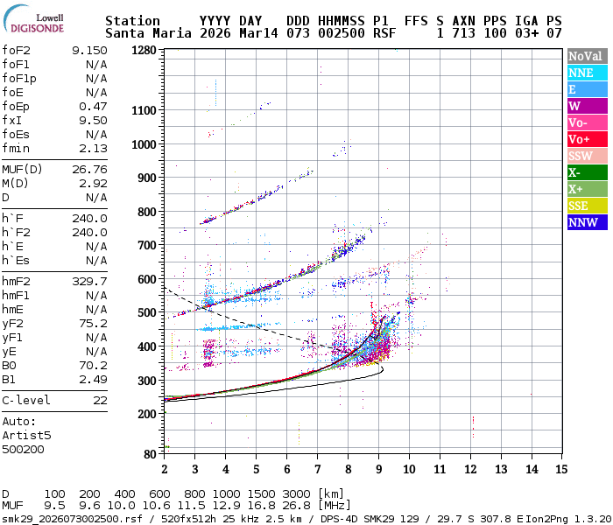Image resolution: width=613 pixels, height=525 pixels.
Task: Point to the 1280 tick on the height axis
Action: tap(144, 50)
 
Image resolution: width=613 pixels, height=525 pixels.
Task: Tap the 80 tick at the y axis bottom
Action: tap(151, 454)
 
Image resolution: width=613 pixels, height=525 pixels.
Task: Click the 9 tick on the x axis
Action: tap(378, 469)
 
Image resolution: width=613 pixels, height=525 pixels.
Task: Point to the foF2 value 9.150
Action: tap(90, 50)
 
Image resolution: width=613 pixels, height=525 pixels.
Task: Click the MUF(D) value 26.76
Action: tap(90, 169)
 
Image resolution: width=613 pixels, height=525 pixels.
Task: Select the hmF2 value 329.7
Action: tap(90, 281)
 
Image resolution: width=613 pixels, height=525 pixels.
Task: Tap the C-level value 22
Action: tap(101, 400)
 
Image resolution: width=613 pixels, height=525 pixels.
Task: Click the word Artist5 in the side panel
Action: tap(26, 435)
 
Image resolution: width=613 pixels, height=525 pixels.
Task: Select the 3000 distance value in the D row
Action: tap(295, 493)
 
